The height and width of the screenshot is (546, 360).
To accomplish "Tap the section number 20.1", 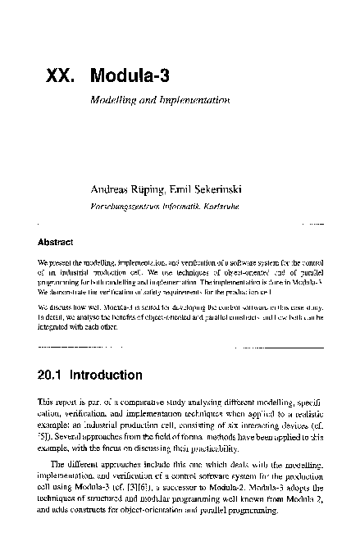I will pyautogui.click(x=51, y=376).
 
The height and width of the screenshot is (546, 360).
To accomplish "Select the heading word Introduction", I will pyautogui.click(x=106, y=376).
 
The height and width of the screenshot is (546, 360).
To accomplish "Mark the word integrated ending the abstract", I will pyautogui.click(x=55, y=325).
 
